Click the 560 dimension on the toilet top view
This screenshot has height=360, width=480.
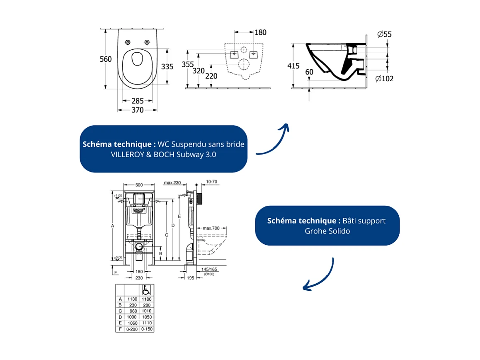[106, 59]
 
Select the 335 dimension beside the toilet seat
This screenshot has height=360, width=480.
[167, 66]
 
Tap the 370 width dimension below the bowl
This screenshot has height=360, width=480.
[137, 110]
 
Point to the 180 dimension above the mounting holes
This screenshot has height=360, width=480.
[260, 32]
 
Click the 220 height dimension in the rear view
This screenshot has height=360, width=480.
[211, 76]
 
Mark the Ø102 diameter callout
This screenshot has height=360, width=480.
[384, 78]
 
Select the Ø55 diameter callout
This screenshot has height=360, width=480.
[384, 34]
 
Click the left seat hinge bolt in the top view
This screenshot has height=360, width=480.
[128, 42]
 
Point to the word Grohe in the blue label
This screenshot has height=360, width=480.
[315, 231]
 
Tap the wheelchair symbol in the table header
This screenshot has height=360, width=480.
[146, 289]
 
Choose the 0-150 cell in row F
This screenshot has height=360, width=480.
[146, 329]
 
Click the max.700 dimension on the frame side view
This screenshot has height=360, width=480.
[211, 228]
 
